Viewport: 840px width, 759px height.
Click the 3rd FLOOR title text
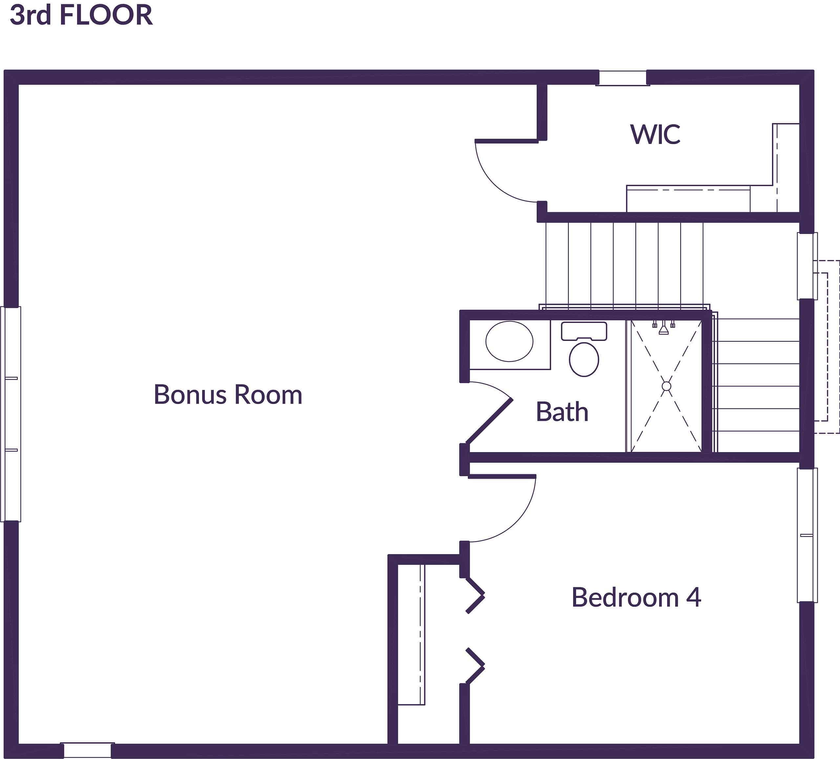tap(81, 15)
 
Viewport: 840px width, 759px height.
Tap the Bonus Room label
tap(228, 394)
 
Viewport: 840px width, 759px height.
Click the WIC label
tap(655, 135)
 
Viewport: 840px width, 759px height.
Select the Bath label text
tap(562, 412)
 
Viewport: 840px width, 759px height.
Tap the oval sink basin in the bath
tap(509, 341)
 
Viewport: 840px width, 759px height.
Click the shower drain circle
tap(666, 386)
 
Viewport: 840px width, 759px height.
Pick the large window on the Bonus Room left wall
tap(11, 414)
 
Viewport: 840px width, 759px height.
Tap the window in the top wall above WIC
tap(622, 78)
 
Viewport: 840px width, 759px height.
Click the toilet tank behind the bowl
tap(584, 331)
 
